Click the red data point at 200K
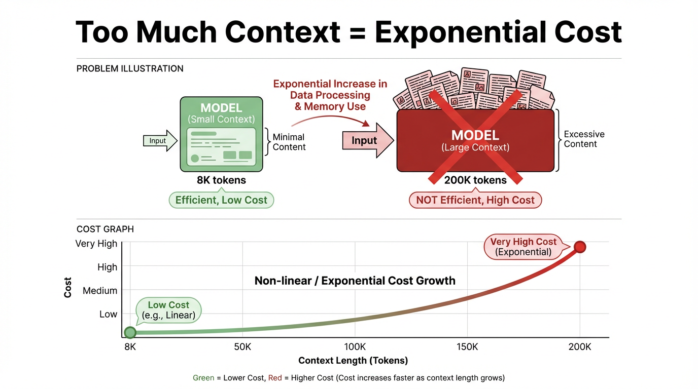[x=580, y=247]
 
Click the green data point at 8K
[x=130, y=332]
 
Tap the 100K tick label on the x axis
[x=355, y=347]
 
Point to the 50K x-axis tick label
[x=242, y=347]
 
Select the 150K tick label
[x=467, y=347]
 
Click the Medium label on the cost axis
[x=100, y=291]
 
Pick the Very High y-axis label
[x=96, y=243]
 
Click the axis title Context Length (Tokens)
[x=353, y=360]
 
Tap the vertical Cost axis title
[x=67, y=288]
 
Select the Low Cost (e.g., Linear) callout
[x=168, y=310]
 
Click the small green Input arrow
[x=160, y=141]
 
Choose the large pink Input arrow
[x=368, y=141]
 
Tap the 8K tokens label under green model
[x=221, y=180]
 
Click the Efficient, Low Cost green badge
[x=221, y=200]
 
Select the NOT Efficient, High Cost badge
[x=475, y=200]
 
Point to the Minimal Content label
[x=289, y=142]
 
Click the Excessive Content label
[x=584, y=139]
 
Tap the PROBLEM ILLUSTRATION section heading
[x=130, y=68]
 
